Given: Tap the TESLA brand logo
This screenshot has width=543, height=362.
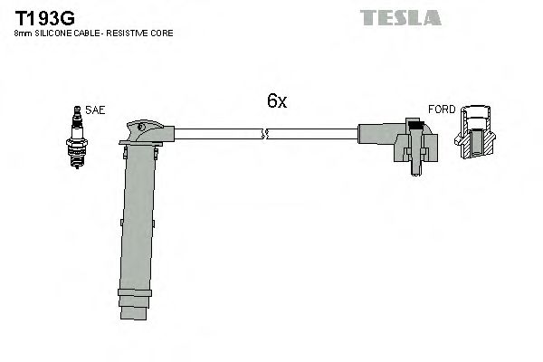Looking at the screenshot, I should [400, 17].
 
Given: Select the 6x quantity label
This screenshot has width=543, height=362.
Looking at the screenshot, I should [277, 101].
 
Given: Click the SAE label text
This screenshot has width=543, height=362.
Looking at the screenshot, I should [95, 110].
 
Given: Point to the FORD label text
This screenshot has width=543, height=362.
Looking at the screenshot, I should [442, 110].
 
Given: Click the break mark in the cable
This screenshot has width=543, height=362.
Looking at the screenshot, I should [264, 135].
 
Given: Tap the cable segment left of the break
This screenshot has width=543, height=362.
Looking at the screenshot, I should [217, 135].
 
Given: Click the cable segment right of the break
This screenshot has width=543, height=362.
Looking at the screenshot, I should [312, 135].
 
